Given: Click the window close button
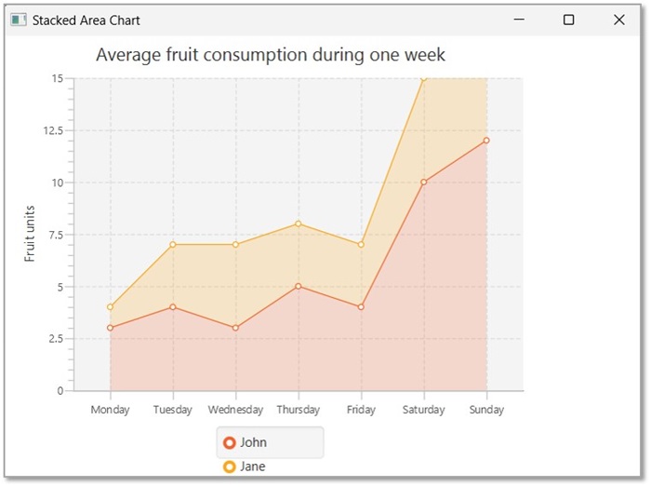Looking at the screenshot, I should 619,20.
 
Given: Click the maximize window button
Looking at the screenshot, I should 569,20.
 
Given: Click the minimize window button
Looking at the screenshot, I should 520,20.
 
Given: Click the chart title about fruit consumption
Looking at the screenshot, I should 271,55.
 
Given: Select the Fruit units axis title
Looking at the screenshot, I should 30,234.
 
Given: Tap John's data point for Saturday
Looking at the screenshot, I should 424,182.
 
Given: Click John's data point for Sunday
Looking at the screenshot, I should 486,141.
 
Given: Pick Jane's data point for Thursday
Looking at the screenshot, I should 299,223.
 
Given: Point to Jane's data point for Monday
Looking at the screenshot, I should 111,306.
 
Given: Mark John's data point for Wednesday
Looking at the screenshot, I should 236,328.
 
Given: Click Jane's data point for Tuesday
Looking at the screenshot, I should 173,245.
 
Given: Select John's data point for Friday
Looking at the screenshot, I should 361,306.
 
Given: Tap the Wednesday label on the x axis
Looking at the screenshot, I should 236,410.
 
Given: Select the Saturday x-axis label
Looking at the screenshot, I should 424,410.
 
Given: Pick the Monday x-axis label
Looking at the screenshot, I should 111,410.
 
